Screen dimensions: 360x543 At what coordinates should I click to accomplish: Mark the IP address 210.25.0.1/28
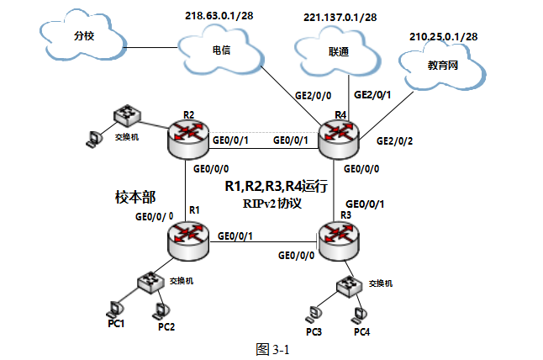444,36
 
